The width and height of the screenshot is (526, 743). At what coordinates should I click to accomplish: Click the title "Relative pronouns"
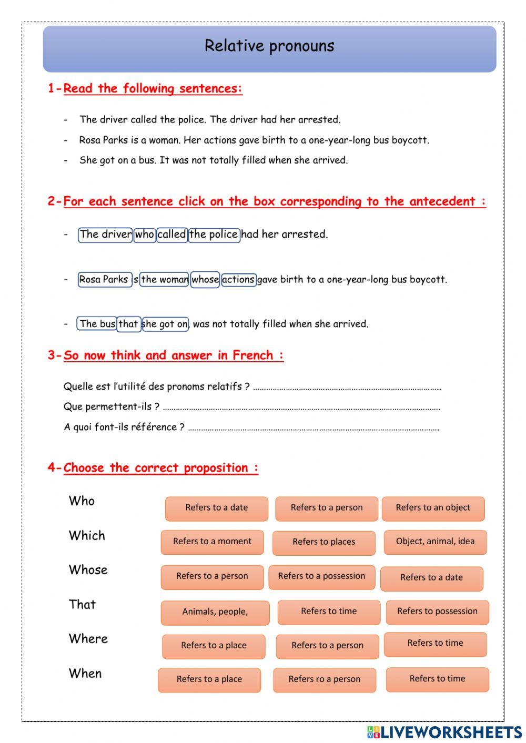click(269, 46)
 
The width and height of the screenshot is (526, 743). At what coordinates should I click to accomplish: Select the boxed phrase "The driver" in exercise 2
click(105, 235)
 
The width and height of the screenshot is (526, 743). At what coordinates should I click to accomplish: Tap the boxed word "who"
click(144, 235)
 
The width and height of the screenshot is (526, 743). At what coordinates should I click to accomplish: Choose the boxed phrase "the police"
click(214, 235)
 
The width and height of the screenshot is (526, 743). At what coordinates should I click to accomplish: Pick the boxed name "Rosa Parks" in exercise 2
click(104, 279)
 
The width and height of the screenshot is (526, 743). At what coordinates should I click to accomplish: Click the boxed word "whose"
click(205, 279)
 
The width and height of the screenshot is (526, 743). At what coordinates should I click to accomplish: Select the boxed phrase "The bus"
click(97, 324)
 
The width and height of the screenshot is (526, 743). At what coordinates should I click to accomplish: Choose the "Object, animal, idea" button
click(435, 542)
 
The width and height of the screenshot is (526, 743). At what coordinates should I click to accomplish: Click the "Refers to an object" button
click(433, 508)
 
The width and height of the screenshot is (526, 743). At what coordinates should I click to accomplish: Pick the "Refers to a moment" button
click(212, 542)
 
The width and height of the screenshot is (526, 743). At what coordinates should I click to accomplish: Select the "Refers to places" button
click(323, 542)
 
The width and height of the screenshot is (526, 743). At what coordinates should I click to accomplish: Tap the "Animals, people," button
click(215, 612)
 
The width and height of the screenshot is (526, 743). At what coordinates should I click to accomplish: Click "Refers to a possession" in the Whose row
click(321, 576)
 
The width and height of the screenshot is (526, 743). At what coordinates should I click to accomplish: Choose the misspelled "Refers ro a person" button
click(325, 679)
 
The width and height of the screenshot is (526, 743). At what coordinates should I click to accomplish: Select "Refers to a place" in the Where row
click(214, 646)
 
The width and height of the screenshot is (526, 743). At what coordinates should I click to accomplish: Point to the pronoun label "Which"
click(87, 535)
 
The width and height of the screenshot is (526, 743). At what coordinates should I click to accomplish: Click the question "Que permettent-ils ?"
click(111, 406)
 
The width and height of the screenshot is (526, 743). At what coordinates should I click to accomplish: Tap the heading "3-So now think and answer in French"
click(166, 355)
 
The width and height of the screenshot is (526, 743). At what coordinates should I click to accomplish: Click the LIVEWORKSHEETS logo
click(444, 732)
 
